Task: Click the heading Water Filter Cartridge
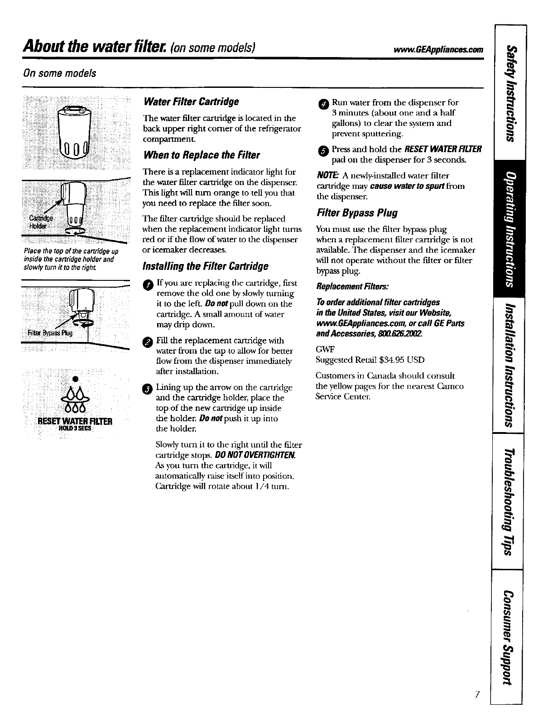point(191,101)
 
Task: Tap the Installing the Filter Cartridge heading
point(205,266)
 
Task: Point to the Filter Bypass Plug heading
point(351,213)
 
